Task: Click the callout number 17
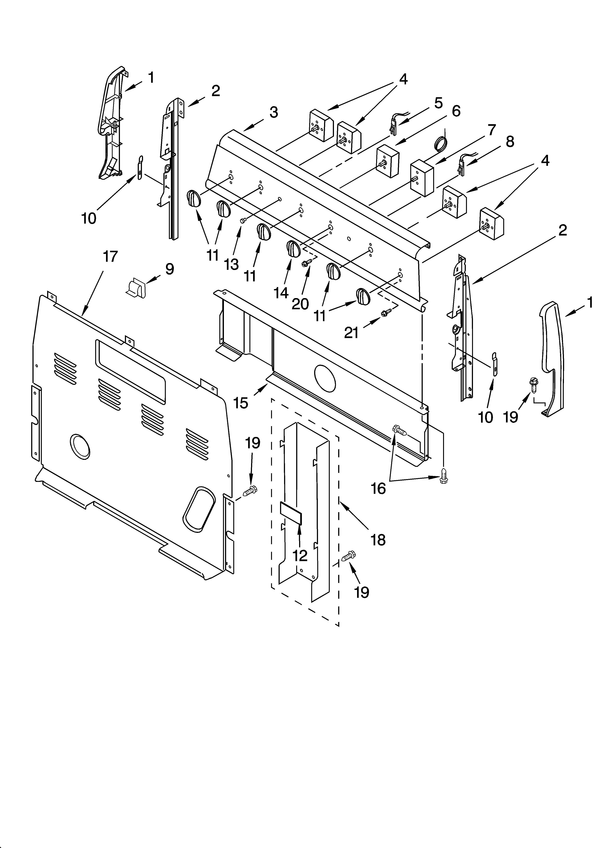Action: (x=110, y=257)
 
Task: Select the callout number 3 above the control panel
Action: (x=274, y=112)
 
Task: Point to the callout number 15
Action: (x=241, y=403)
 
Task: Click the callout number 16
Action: (x=378, y=488)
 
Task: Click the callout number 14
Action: (x=281, y=293)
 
